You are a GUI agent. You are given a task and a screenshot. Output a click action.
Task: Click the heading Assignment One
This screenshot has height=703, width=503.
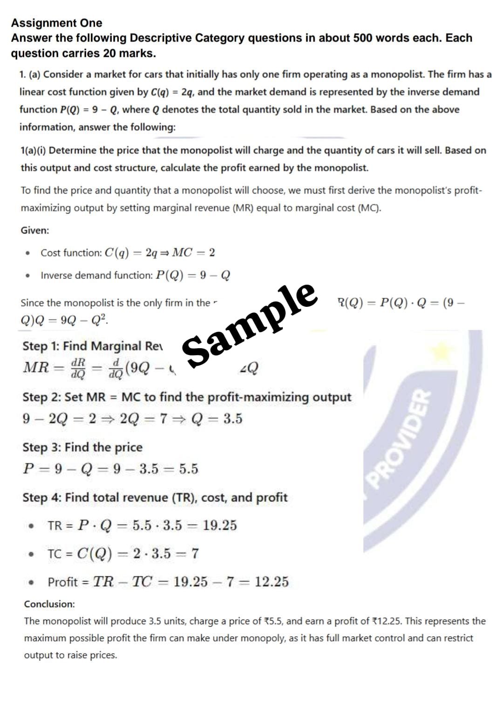click(x=56, y=23)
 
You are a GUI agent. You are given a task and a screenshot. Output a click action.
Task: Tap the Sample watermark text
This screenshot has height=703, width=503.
click(x=250, y=324)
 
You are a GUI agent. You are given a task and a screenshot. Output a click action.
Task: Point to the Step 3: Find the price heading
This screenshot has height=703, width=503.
click(x=82, y=447)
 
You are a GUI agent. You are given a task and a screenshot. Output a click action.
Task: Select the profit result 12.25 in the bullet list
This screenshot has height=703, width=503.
click(x=272, y=582)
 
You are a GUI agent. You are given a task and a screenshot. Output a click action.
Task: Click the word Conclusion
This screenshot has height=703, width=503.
click(x=49, y=604)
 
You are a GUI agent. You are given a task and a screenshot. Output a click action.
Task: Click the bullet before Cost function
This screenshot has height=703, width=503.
click(x=29, y=253)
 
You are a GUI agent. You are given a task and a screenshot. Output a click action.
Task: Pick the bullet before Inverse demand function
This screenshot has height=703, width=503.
click(x=29, y=276)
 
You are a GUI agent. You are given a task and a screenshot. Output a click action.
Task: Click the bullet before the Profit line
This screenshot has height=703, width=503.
click(x=31, y=582)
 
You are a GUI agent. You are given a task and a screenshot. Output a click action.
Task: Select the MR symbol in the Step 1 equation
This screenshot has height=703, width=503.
click(x=36, y=367)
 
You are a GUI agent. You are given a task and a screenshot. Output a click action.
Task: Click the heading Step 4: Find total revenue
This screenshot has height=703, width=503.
click(x=155, y=498)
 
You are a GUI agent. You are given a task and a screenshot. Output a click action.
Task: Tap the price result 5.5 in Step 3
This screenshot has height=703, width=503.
click(x=189, y=469)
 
